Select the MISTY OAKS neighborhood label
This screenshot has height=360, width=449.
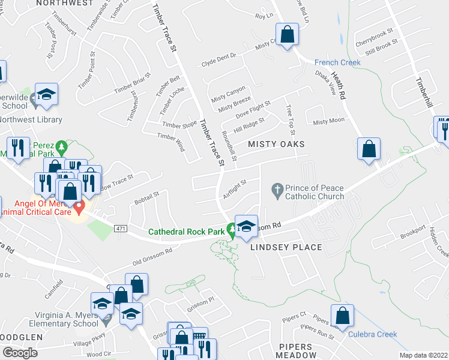point(277,145)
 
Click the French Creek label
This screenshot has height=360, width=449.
point(337,62)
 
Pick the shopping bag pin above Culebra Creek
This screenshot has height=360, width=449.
point(342,316)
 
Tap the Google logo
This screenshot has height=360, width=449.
point(20,352)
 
